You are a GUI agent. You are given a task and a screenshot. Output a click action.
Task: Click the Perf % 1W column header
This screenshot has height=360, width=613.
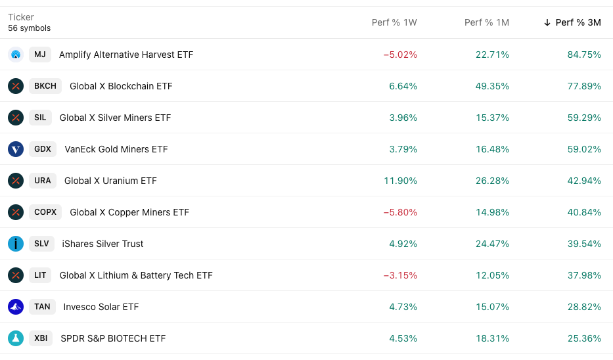[x=394, y=22]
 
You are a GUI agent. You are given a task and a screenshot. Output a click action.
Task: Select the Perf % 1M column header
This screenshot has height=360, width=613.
[x=487, y=22]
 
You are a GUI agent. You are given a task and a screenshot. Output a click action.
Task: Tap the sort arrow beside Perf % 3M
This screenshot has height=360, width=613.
[x=547, y=22]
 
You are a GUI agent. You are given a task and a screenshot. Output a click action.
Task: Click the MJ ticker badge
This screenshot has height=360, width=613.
[x=40, y=55]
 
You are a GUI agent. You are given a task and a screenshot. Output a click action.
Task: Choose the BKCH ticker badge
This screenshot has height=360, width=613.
[x=45, y=86]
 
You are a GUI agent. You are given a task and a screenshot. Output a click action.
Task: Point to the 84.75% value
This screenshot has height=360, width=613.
[x=584, y=55]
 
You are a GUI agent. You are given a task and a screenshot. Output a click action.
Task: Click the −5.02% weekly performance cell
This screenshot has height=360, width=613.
[x=400, y=55]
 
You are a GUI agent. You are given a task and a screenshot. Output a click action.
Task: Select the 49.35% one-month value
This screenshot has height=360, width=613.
[x=492, y=86]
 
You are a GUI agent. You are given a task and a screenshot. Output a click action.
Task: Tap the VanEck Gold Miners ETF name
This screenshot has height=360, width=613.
[x=116, y=149]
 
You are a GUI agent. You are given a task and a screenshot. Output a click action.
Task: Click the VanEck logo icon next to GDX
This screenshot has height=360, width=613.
[x=16, y=149]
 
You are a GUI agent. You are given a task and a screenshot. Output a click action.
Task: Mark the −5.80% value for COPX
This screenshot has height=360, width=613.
[x=400, y=212]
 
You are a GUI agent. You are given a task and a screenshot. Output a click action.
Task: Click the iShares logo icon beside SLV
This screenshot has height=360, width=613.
[x=16, y=244]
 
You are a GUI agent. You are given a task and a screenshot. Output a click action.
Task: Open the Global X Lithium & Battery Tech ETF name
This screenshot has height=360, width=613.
[x=136, y=275]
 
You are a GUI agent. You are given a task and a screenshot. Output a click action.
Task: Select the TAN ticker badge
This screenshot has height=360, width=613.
[x=42, y=307]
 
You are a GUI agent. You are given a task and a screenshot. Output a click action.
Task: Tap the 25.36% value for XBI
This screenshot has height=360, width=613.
[x=584, y=338]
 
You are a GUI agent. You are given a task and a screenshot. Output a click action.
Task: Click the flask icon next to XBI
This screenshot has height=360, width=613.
[x=16, y=338]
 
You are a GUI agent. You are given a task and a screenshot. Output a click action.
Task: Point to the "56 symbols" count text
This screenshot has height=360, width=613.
[x=30, y=28]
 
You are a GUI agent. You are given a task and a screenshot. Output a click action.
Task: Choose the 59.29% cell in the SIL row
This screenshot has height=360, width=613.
[x=584, y=118]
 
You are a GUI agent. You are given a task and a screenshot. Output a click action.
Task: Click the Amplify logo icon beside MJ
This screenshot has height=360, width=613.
[x=16, y=55]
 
